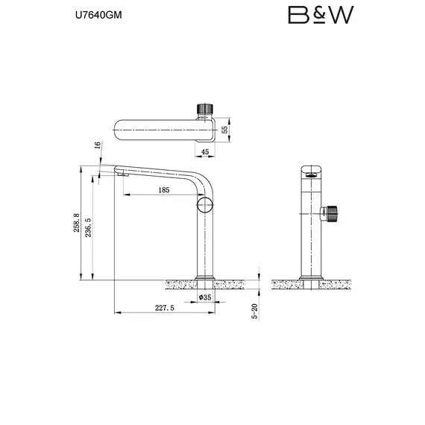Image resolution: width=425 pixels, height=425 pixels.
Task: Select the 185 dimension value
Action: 165,190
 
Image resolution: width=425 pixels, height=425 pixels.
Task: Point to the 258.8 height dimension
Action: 75,224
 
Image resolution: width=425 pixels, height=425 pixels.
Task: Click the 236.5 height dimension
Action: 88,227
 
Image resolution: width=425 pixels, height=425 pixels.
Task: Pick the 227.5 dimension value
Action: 164,307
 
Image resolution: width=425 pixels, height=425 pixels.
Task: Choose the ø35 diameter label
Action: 206,297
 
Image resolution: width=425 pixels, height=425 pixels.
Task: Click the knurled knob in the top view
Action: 204,109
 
